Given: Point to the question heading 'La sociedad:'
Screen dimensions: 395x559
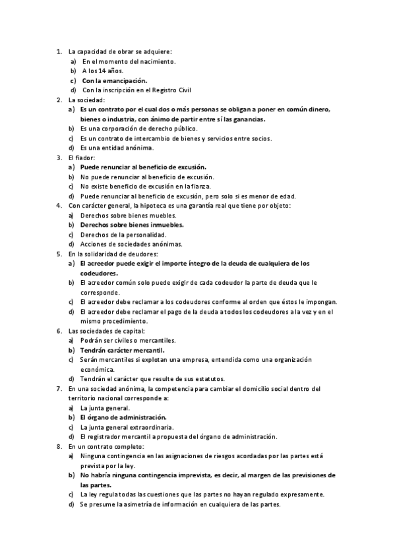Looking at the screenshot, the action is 86,100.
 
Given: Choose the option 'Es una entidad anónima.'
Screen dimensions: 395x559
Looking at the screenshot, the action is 117,148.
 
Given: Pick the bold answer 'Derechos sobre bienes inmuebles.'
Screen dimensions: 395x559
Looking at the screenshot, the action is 132,225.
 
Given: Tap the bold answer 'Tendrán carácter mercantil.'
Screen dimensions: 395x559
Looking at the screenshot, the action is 122,350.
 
